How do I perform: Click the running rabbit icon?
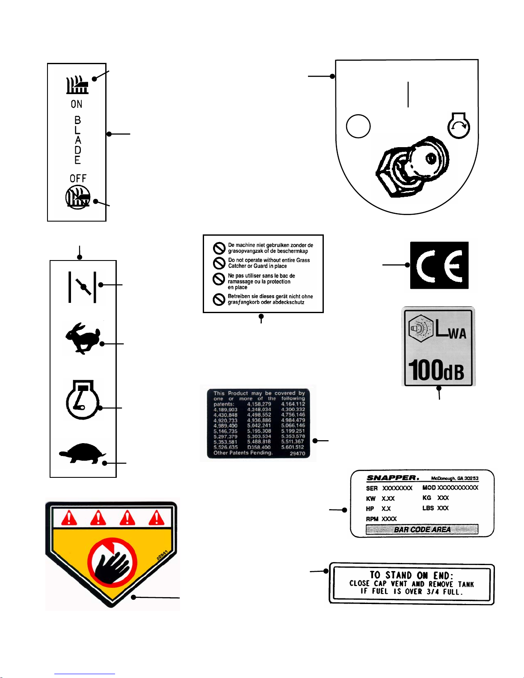click(x=83, y=338)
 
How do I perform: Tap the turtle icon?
click(x=82, y=453)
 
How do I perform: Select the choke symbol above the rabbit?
click(x=83, y=287)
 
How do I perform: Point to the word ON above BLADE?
click(x=77, y=104)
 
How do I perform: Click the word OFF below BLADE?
click(x=78, y=178)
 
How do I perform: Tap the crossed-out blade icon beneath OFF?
click(x=78, y=197)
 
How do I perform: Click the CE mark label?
click(x=439, y=265)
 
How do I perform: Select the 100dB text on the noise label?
click(x=436, y=370)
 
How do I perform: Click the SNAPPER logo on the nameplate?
click(x=392, y=478)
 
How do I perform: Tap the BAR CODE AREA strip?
click(x=422, y=530)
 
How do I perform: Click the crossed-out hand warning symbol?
click(x=112, y=561)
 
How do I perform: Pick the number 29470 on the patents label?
click(x=297, y=453)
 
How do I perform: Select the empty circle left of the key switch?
click(x=358, y=126)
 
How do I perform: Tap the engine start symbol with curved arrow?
click(x=459, y=126)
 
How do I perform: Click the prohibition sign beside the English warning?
click(x=219, y=263)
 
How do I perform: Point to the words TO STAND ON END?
click(x=411, y=575)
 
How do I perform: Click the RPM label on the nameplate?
click(x=372, y=519)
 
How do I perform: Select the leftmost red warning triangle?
click(x=69, y=518)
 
